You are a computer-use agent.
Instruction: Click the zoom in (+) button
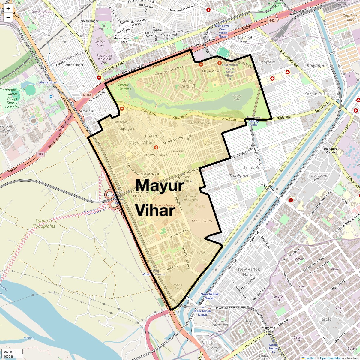click(x=8, y=9)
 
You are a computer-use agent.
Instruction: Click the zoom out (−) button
click(x=8, y=18)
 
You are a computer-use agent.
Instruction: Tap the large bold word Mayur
click(x=159, y=186)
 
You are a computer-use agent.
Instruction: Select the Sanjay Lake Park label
click(x=123, y=87)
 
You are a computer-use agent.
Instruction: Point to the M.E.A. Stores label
click(x=202, y=221)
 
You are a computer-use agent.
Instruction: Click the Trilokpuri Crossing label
click(x=268, y=187)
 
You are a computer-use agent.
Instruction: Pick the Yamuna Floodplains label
click(x=44, y=223)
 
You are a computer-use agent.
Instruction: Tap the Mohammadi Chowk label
click(x=122, y=40)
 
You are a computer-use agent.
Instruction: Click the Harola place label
click(x=325, y=319)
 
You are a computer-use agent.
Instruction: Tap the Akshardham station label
click(x=49, y=82)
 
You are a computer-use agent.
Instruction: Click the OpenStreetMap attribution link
click(x=330, y=358)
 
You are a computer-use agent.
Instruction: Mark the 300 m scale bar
click(x=12, y=352)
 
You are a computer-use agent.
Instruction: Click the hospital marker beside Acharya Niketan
click(x=156, y=147)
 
